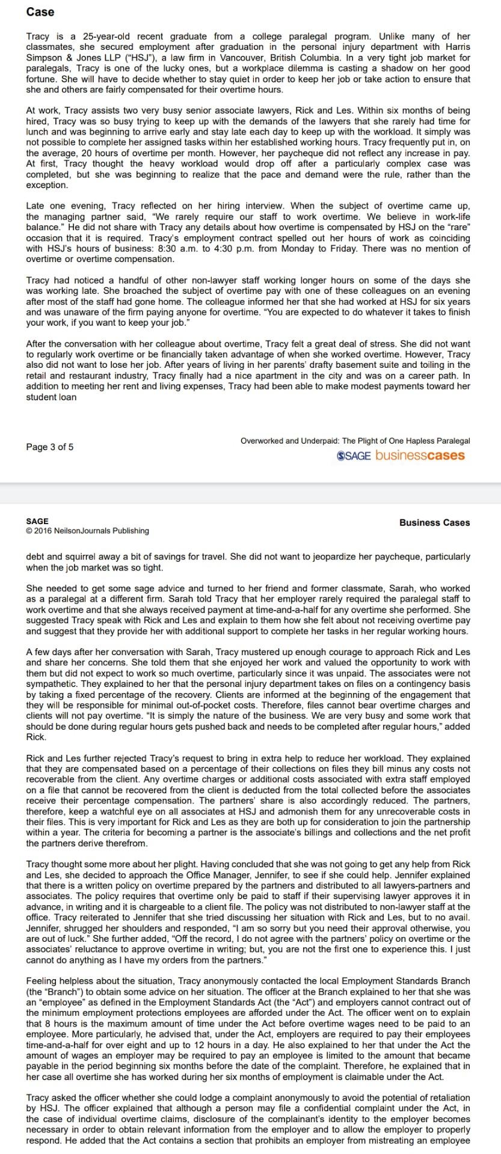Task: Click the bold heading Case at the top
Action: point(40,12)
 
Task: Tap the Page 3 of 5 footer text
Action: point(50,447)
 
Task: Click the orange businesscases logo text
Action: point(420,455)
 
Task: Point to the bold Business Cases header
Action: point(434,523)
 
